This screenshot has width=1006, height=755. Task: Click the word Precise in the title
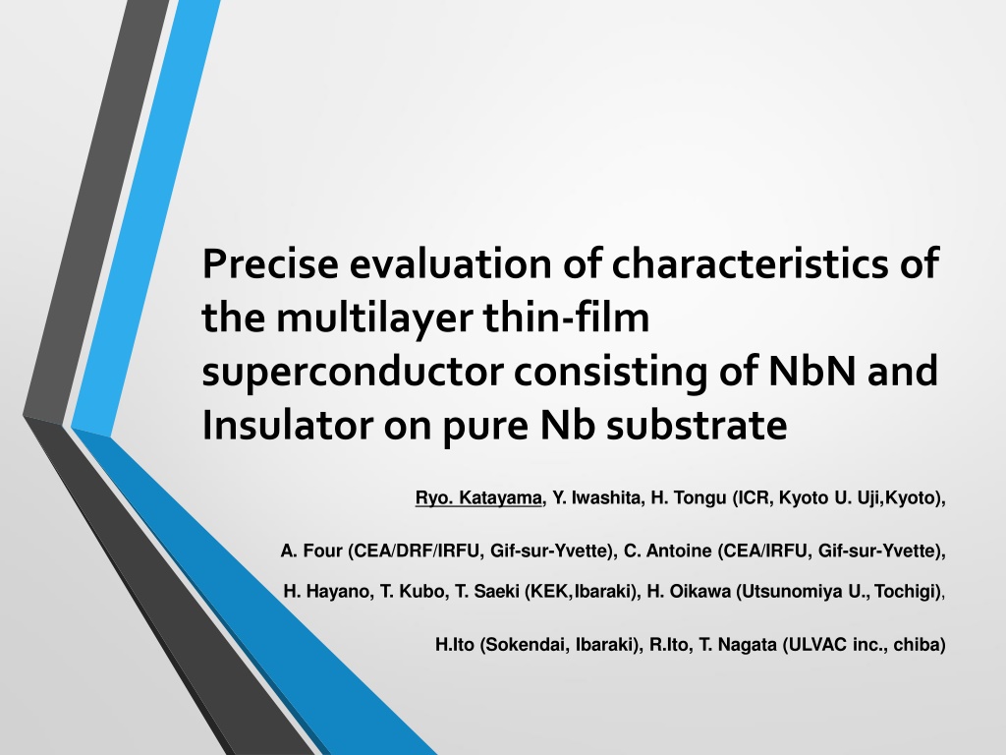[x=270, y=263]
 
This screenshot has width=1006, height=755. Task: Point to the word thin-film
[x=567, y=318]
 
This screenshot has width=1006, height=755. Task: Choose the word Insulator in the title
[x=287, y=425]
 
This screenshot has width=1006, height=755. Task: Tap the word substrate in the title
[x=697, y=427]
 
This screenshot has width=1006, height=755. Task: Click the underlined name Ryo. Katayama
[x=478, y=497]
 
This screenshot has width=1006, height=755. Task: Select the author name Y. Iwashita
[x=595, y=497]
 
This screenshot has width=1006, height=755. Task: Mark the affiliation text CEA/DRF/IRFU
[x=417, y=551]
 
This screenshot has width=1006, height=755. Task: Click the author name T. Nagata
[x=738, y=645]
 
